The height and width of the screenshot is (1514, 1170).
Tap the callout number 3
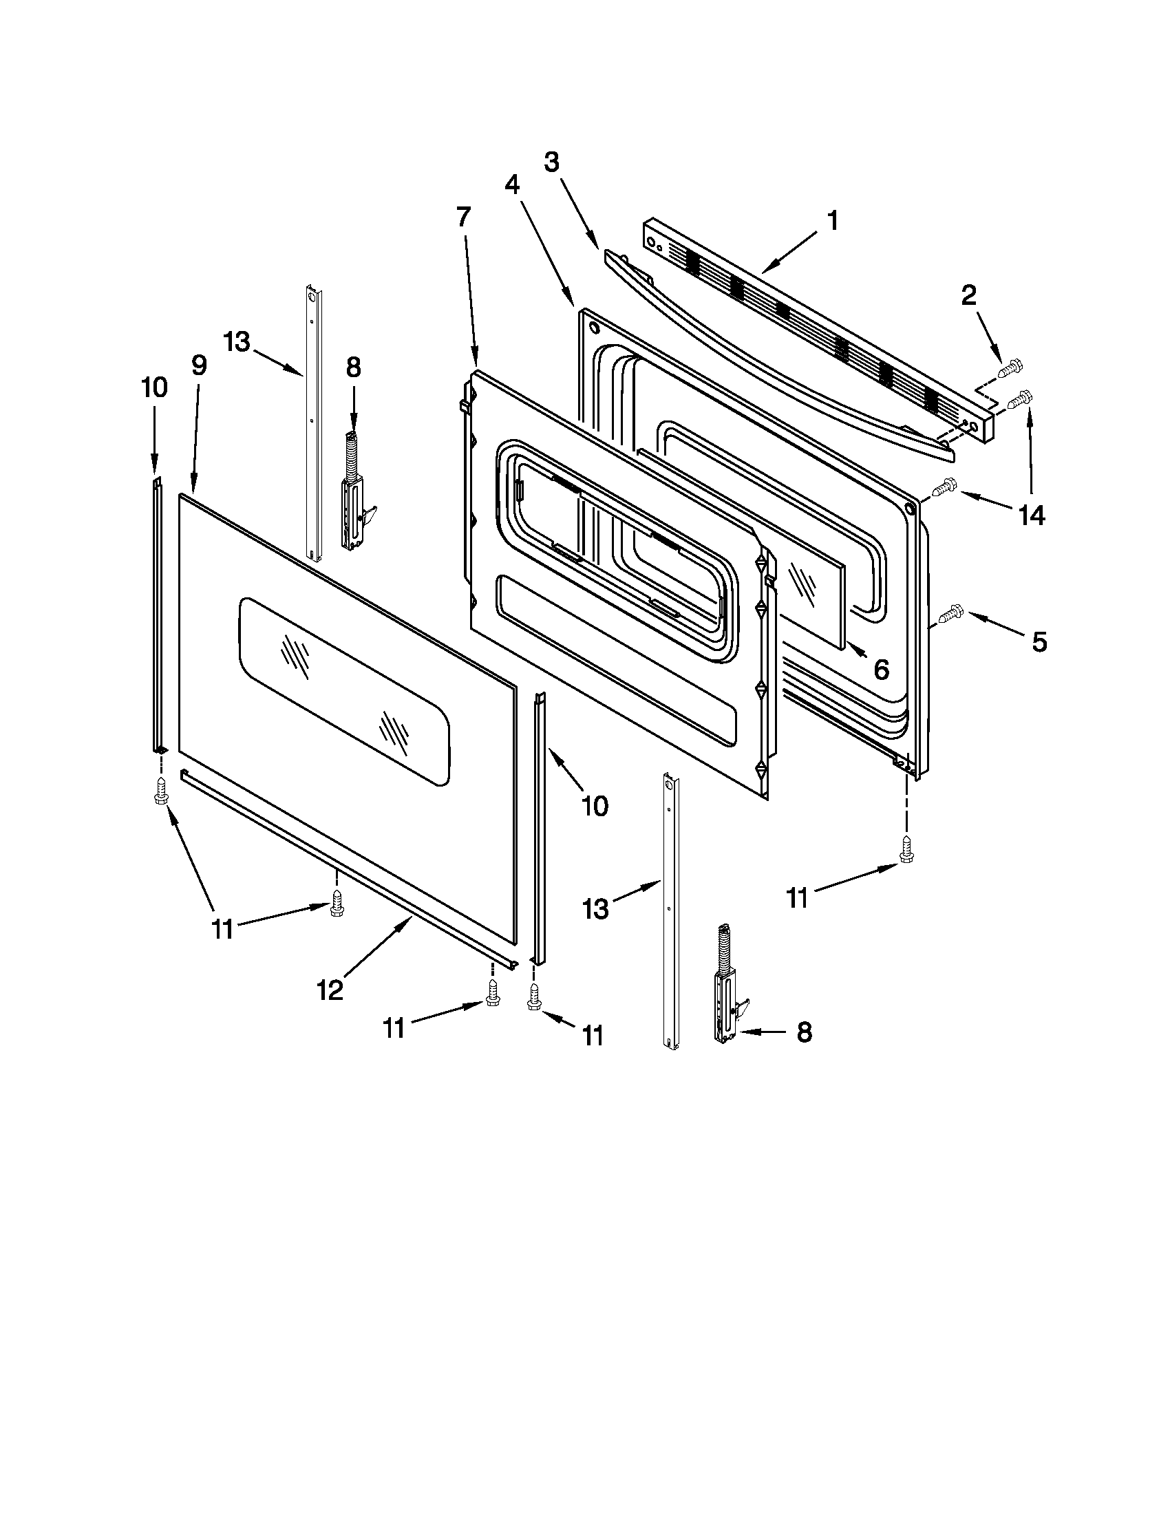click(551, 164)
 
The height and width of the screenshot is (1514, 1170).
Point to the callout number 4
click(511, 184)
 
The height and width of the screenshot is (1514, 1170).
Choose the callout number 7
click(463, 217)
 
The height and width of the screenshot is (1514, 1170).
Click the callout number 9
click(199, 365)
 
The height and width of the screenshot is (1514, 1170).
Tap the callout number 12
click(330, 990)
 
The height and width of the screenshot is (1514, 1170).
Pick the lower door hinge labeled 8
click(726, 987)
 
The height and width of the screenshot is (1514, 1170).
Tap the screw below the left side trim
click(161, 791)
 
